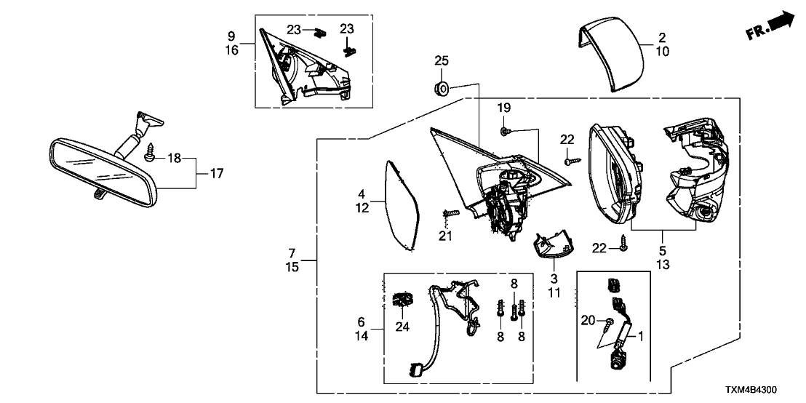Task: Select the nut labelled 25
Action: pos(442,89)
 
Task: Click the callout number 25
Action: pos(442,60)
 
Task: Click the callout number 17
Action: pos(216,174)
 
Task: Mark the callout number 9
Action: pos(231,36)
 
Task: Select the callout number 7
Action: pos(292,253)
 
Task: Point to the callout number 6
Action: pos(362,321)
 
